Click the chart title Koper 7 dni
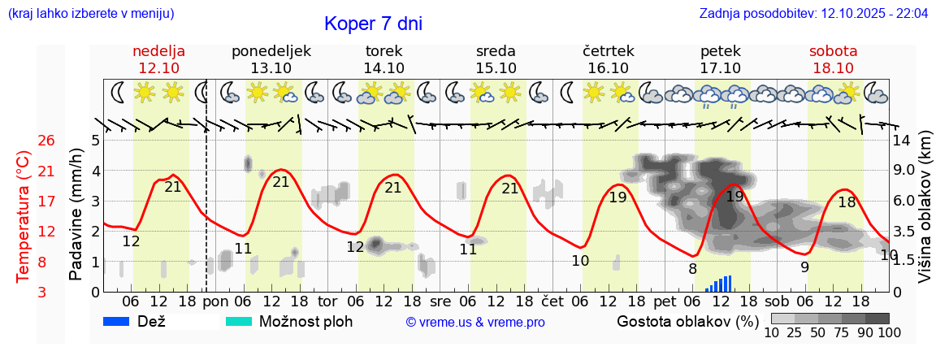tap(373, 24)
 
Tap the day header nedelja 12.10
tap(159, 59)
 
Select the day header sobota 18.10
tap(833, 59)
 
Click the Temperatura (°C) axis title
tap(24, 216)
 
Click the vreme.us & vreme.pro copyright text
tap(474, 323)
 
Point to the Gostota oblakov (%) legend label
tap(687, 321)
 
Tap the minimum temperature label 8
tap(692, 268)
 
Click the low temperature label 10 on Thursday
tap(580, 261)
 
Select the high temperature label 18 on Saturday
tap(847, 202)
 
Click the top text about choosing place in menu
tap(90, 14)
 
